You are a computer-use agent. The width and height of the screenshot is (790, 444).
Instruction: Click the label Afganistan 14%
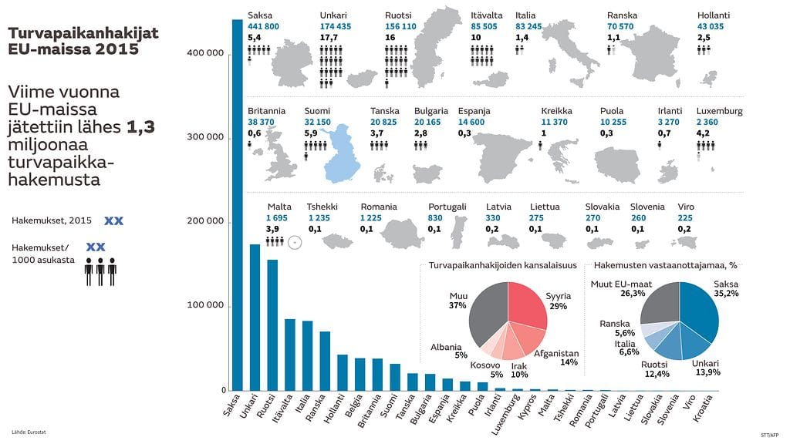click(x=555, y=358)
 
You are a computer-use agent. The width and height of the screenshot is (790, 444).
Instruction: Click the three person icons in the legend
click(x=100, y=271)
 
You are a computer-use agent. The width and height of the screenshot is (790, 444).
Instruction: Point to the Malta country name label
click(x=279, y=207)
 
